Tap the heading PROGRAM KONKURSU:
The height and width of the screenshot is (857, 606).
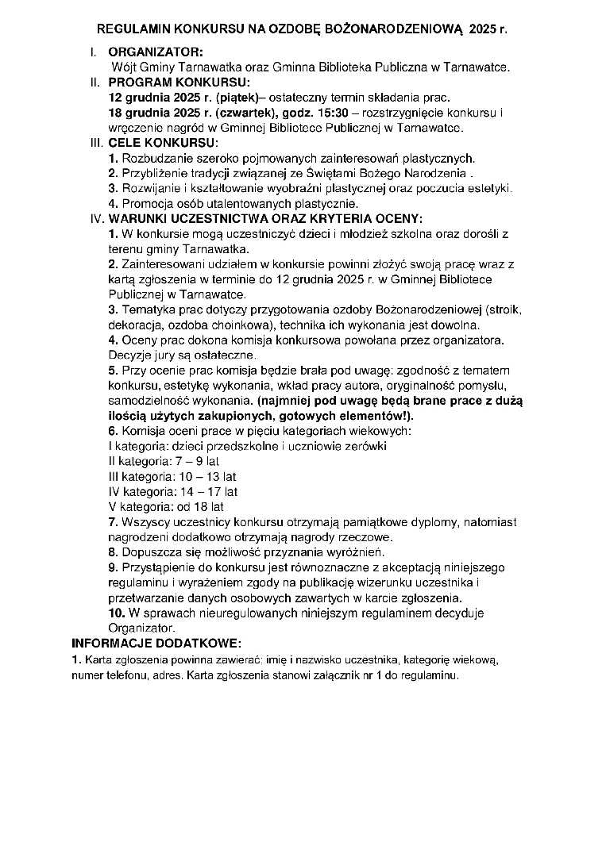point(179,83)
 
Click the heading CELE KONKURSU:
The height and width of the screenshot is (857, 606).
point(163,143)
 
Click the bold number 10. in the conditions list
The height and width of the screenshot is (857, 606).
point(116,613)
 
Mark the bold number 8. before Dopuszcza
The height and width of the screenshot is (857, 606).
point(113,551)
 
